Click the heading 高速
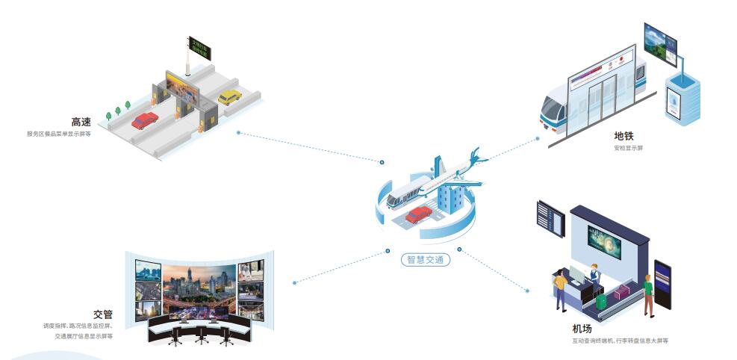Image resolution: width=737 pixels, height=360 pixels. (81, 122)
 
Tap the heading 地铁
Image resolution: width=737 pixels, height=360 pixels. (624, 136)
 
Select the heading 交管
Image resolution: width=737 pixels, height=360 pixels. (103, 314)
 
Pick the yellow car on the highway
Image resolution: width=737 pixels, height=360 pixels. (229, 97)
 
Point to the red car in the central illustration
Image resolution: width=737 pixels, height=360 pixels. (418, 214)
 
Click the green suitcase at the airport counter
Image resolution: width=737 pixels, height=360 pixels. (602, 300)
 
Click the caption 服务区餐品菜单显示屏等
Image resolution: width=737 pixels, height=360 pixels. (59, 134)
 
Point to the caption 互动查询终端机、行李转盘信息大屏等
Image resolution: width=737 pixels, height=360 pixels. (620, 341)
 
